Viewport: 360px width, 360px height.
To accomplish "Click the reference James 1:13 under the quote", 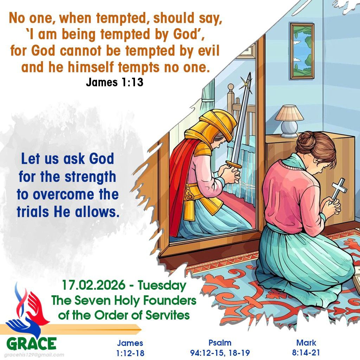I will [114, 83].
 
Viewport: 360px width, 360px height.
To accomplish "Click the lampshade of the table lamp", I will [289, 113].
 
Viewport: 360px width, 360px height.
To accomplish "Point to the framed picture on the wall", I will [302, 51].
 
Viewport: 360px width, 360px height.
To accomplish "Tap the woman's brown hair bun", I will [307, 140].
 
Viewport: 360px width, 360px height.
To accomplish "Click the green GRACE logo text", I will [31, 343].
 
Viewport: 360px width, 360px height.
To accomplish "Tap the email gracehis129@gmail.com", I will [34, 355].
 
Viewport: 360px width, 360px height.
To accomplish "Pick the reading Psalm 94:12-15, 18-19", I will [220, 348].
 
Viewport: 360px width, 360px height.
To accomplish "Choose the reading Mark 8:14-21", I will [306, 348].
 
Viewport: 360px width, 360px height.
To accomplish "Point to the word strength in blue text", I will [90, 176].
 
